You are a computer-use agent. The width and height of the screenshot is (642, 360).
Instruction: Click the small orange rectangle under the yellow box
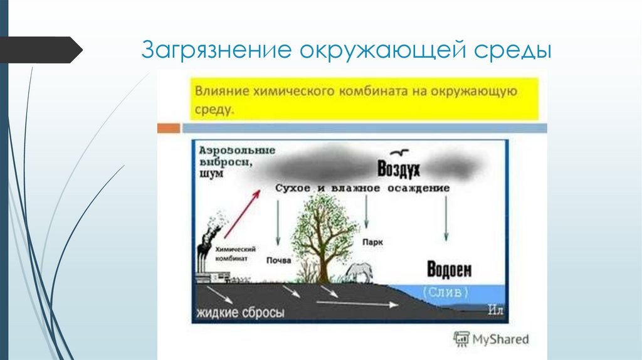point(168,128)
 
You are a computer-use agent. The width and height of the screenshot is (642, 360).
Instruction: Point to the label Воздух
point(398,169)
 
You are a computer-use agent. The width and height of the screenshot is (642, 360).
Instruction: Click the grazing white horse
point(360,272)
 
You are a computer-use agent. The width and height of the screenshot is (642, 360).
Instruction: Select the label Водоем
point(449,270)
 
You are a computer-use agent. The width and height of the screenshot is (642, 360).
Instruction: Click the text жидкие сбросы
point(239,312)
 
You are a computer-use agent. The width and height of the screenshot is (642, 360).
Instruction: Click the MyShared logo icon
point(461,339)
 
